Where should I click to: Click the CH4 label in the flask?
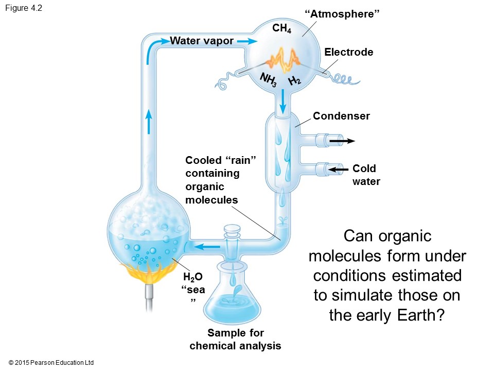(x=281, y=29)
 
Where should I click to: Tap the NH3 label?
(x=269, y=80)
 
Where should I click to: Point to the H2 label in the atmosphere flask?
(x=295, y=80)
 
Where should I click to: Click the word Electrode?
(x=348, y=52)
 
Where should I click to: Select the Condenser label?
(x=341, y=116)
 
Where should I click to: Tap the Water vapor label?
(x=202, y=41)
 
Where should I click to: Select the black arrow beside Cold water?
(x=339, y=169)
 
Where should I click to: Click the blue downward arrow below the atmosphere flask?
(x=283, y=102)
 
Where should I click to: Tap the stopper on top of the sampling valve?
(x=232, y=229)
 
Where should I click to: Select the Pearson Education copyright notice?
(x=51, y=363)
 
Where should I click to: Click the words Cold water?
(x=365, y=175)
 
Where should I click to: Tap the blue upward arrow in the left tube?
(x=149, y=123)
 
